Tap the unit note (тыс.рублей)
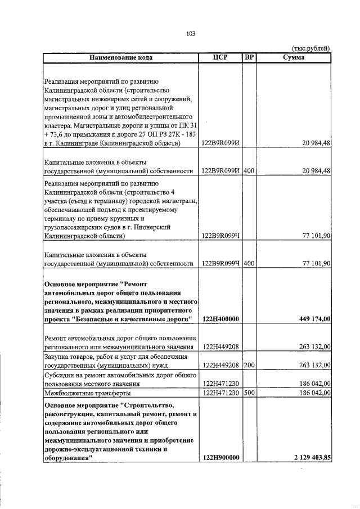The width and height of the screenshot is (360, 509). tap(312, 49)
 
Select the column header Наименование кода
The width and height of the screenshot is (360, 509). tap(120, 57)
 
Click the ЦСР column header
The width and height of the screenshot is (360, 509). tap(220, 57)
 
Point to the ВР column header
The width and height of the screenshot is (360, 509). tap(249, 57)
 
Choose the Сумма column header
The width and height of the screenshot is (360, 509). tap(294, 57)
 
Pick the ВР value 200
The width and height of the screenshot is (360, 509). tap(250, 365)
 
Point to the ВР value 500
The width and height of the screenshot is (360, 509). tap(250, 393)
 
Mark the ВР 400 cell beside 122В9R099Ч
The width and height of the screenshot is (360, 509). tap(250, 263)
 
